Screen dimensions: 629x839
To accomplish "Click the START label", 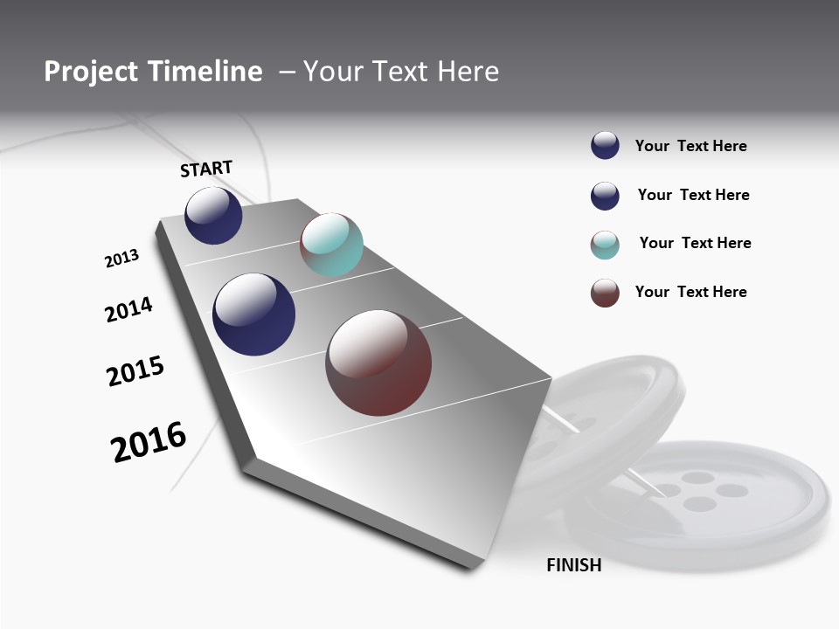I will pyautogui.click(x=206, y=169).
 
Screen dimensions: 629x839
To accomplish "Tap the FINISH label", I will pyautogui.click(x=573, y=565).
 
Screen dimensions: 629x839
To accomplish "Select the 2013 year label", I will pyautogui.click(x=121, y=259).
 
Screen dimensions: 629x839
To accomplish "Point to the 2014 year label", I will pyautogui.click(x=128, y=310).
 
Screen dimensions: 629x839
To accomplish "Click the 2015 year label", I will pyautogui.click(x=135, y=371).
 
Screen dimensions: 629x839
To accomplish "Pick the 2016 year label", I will pyautogui.click(x=149, y=442).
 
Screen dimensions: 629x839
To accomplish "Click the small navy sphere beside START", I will pyautogui.click(x=213, y=216).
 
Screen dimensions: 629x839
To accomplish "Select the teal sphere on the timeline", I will pyautogui.click(x=331, y=245).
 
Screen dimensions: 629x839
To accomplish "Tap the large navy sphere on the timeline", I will pyautogui.click(x=254, y=314).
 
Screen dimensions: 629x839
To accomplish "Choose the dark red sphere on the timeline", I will pyautogui.click(x=378, y=363).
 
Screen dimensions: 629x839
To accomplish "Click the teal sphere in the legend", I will pyautogui.click(x=605, y=245).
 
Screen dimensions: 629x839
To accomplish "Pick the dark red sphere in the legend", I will pyautogui.click(x=605, y=293).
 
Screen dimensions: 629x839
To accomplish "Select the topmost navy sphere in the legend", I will pyautogui.click(x=605, y=146).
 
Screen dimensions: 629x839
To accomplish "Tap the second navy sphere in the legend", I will pyautogui.click(x=605, y=196).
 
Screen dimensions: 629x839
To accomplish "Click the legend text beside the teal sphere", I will pyautogui.click(x=695, y=243).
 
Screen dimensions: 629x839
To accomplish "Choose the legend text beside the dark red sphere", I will pyautogui.click(x=690, y=292).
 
